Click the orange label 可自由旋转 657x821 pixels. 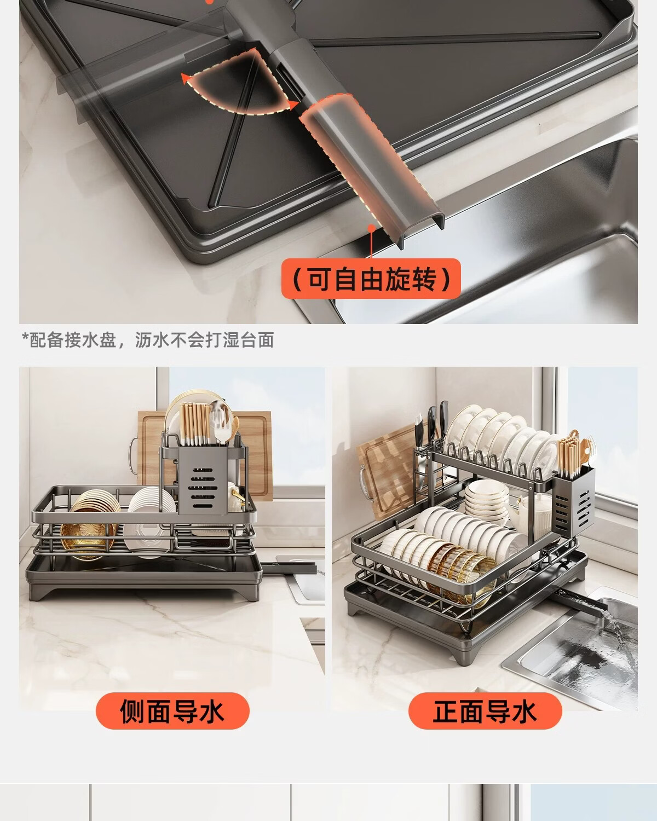click(x=371, y=279)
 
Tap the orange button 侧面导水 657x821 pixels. click(x=172, y=711)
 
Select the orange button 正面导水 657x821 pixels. click(x=485, y=711)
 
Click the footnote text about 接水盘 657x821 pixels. click(x=148, y=340)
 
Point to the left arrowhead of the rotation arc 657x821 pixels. click(x=186, y=79)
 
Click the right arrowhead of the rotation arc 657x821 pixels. click(x=293, y=105)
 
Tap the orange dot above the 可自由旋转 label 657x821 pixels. click(x=371, y=229)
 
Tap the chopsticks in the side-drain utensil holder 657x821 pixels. click(x=195, y=424)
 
